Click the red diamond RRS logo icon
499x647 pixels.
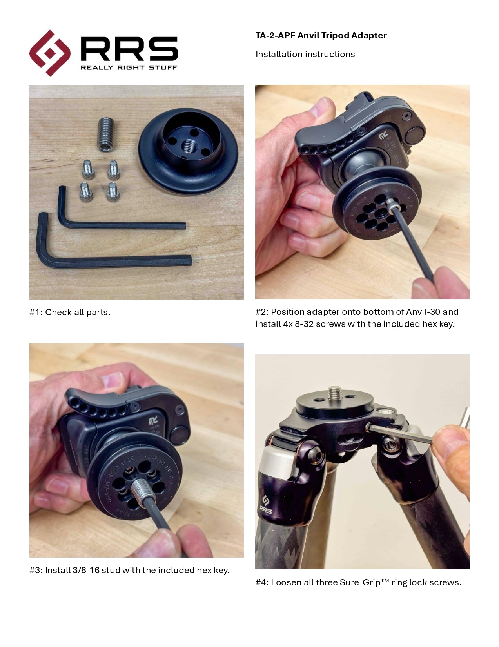point(49,53)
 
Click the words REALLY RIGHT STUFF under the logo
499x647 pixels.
point(129,67)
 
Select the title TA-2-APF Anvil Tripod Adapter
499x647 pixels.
point(321,36)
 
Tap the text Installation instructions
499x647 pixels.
point(305,54)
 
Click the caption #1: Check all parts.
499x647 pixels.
point(70,312)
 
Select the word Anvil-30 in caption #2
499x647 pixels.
point(423,312)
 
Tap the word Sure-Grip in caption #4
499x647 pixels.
point(360,583)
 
